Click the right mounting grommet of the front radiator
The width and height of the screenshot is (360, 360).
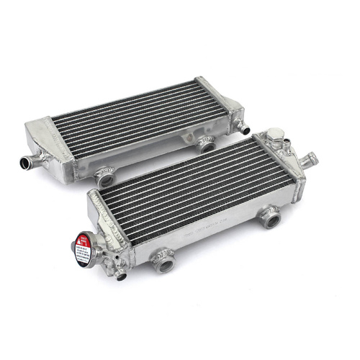pos(271,216)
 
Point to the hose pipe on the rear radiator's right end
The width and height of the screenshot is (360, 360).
pos(246,130)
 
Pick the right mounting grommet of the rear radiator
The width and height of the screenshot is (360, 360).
pos(207,145)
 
